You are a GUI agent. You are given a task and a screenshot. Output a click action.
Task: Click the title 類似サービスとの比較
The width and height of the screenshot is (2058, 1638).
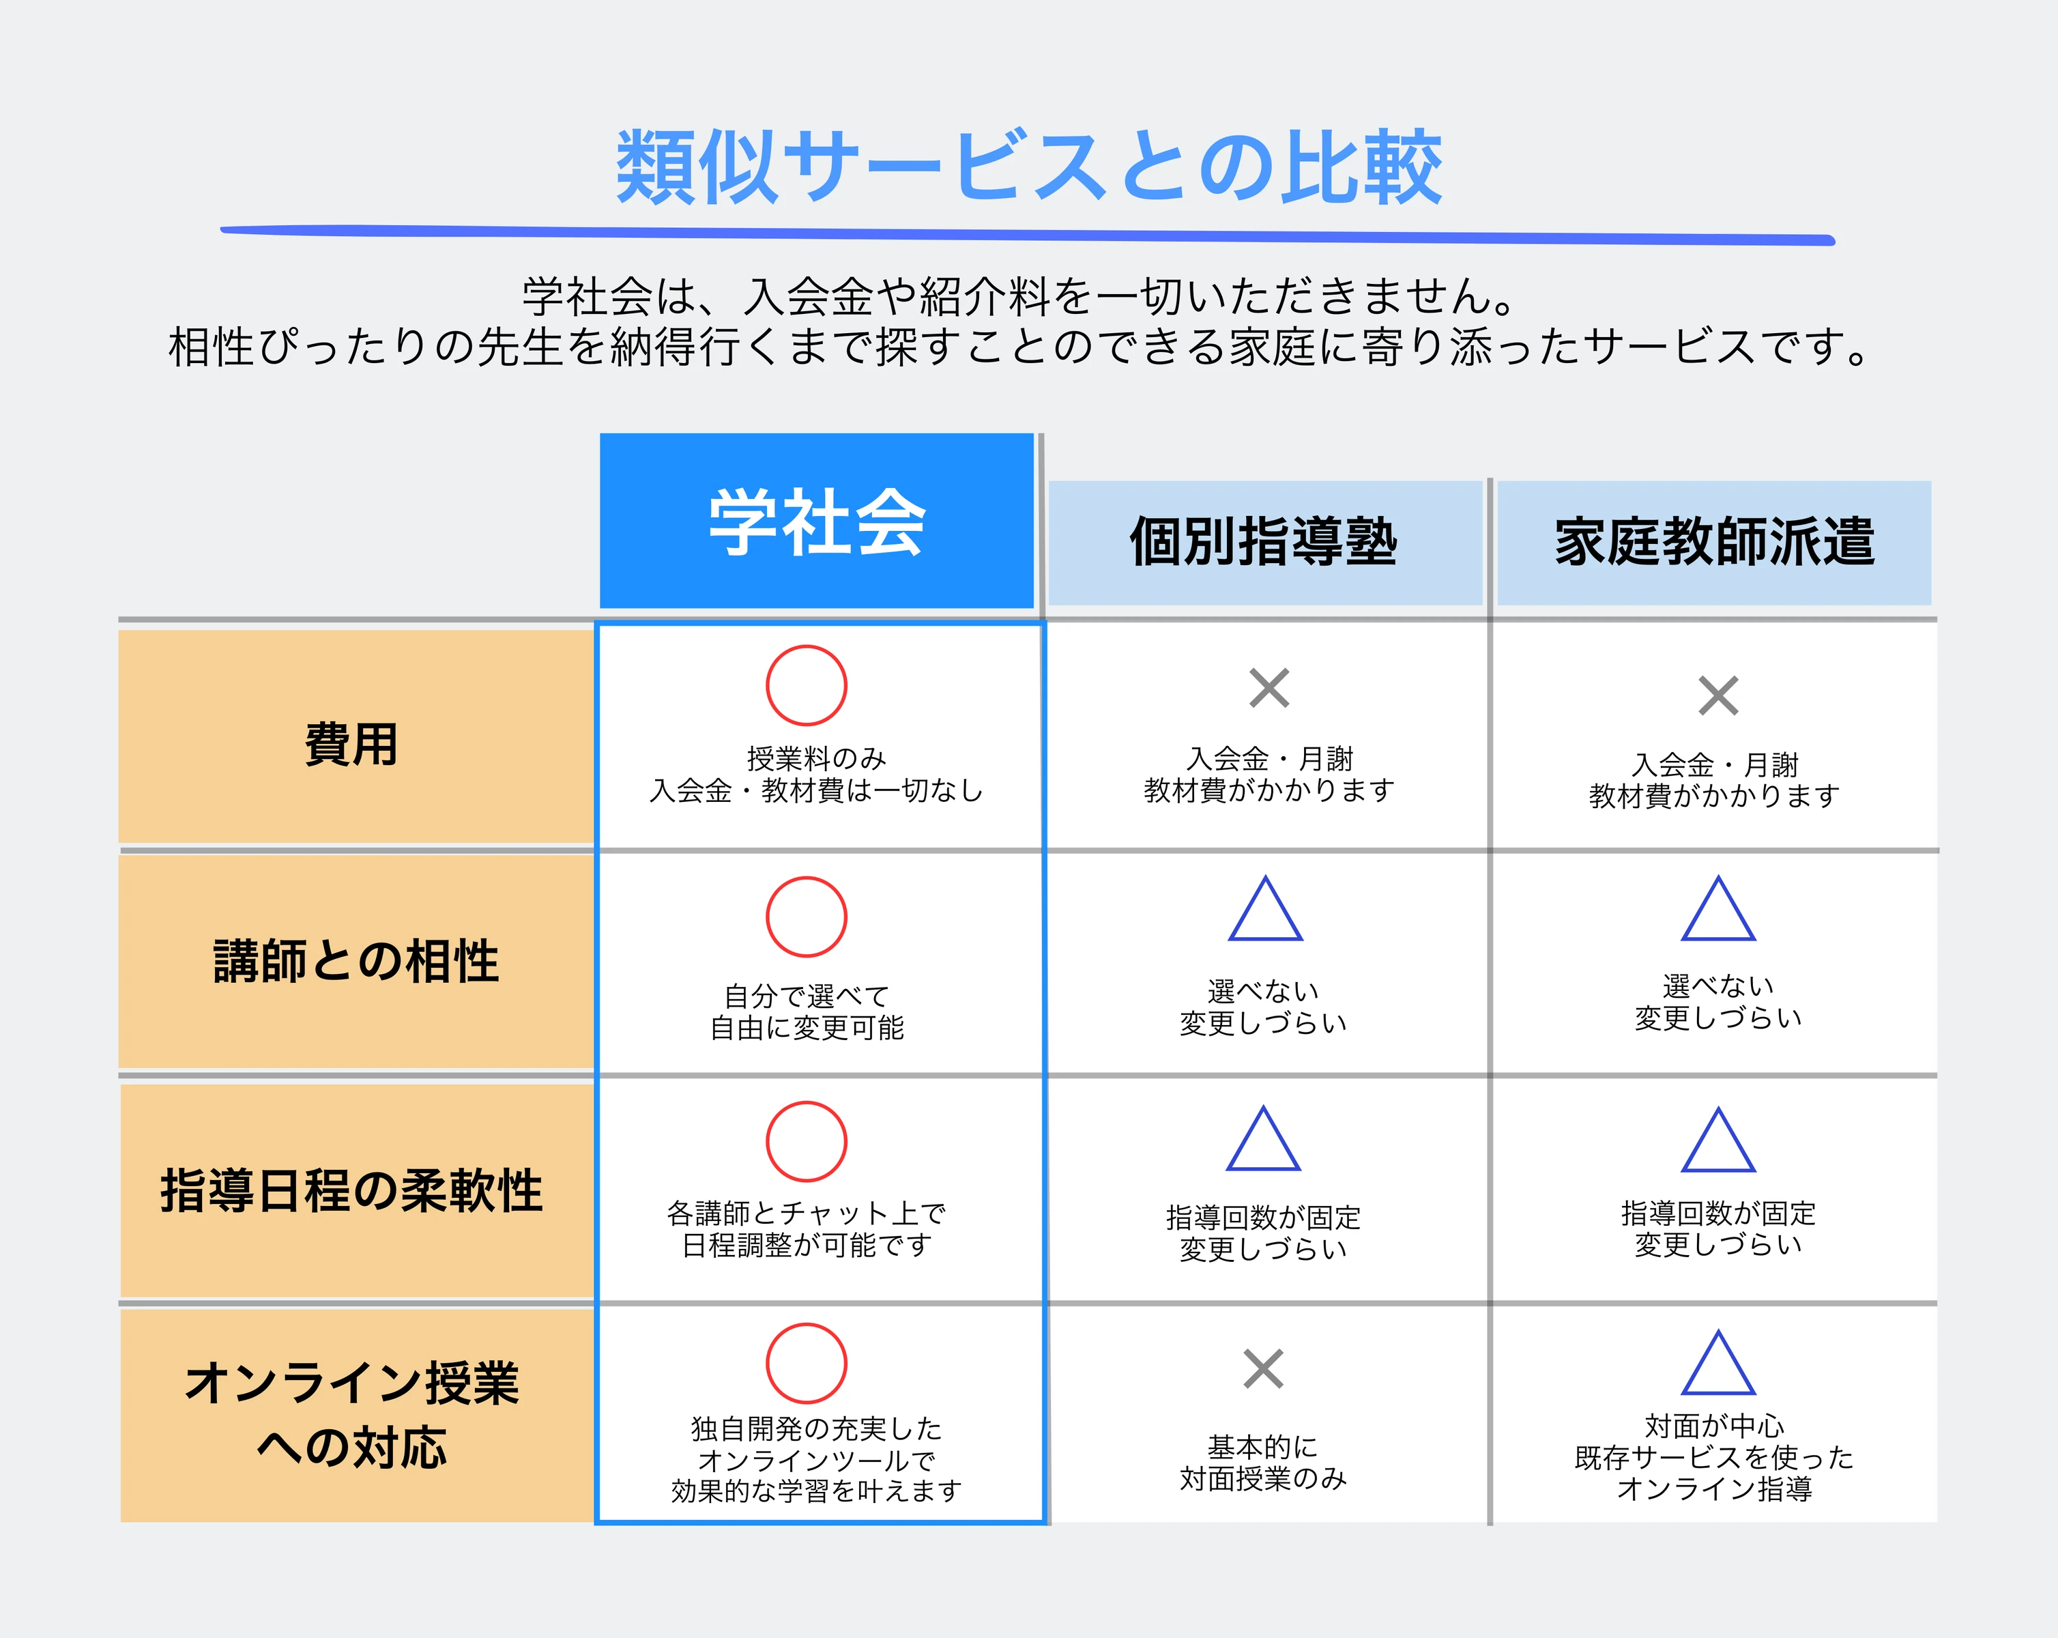click(1028, 167)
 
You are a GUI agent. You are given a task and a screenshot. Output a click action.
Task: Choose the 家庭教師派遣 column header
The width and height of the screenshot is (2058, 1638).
click(1714, 542)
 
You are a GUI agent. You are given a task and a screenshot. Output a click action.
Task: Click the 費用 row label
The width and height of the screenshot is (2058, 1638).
click(351, 744)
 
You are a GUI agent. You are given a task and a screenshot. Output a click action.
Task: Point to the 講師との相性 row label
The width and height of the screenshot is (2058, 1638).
click(356, 960)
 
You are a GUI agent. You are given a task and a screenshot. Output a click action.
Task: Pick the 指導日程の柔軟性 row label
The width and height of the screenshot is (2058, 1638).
click(351, 1190)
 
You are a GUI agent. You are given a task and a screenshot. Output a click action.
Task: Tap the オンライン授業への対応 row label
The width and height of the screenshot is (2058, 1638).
click(351, 1415)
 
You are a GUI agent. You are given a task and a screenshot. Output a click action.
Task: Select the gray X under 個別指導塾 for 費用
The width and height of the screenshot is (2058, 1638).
click(1270, 687)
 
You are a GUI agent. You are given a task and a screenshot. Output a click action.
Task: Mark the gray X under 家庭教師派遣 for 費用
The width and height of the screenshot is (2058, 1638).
click(1718, 696)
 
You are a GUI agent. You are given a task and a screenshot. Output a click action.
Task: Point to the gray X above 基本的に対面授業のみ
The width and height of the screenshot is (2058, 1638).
click(1264, 1369)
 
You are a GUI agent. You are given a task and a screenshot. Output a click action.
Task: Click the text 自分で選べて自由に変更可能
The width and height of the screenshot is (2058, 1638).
click(807, 1012)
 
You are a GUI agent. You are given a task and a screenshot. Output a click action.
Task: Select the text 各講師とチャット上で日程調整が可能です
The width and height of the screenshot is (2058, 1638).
click(807, 1228)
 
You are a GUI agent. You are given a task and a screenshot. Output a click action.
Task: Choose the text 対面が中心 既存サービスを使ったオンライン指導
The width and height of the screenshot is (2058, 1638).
click(1714, 1456)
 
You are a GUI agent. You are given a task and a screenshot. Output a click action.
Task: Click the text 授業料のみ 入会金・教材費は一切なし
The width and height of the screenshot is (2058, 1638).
click(816, 774)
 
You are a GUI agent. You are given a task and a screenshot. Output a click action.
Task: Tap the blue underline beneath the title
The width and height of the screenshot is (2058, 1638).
click(1028, 235)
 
